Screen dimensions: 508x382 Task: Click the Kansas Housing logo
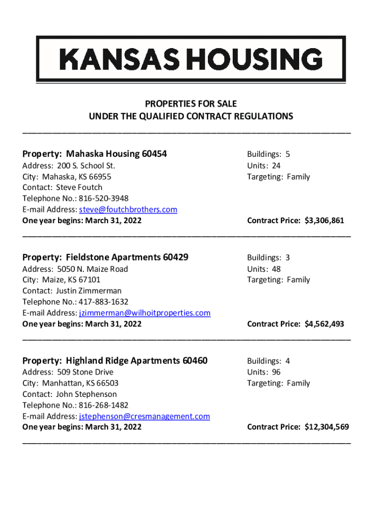coord(191,59)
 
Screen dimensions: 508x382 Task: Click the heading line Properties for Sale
coord(191,104)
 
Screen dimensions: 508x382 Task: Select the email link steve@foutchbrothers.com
coord(128,209)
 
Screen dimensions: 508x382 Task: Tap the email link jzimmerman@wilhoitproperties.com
coord(145,313)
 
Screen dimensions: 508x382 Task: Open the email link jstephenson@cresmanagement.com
coord(144,416)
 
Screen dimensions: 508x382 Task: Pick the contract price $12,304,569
coord(327,427)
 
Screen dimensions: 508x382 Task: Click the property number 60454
coord(154,154)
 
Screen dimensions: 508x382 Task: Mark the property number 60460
coord(195,361)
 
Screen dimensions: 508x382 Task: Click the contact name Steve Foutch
coord(79,188)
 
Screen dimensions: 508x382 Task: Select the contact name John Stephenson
coord(86,394)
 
